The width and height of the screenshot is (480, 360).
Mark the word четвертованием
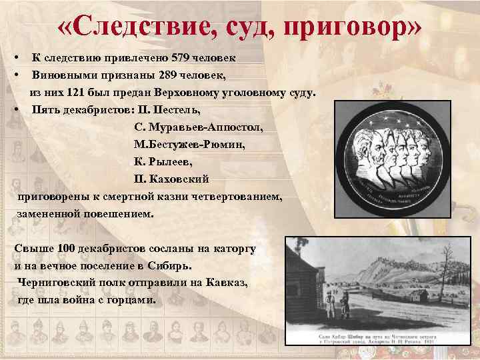point(235,197)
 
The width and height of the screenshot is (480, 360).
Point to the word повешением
point(119,215)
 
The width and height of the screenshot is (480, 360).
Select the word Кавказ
point(225,283)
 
